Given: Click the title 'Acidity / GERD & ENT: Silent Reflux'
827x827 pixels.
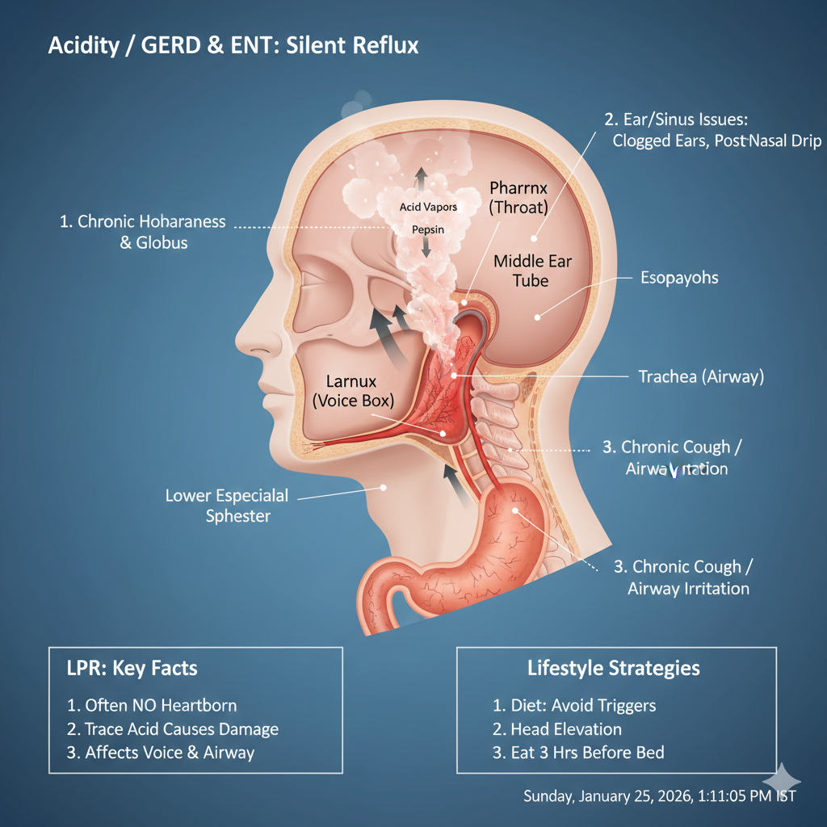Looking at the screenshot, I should click(x=233, y=45).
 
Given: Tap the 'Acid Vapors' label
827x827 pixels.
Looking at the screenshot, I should click(x=428, y=207).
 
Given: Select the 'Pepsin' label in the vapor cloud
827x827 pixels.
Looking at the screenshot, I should click(x=426, y=229).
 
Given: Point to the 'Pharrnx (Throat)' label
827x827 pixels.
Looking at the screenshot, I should click(x=518, y=197).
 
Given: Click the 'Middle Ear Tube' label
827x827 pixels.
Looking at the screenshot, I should click(x=531, y=271).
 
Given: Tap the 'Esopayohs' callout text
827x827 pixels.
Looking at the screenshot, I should click(x=679, y=278).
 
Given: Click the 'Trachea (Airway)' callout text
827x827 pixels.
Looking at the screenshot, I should click(x=701, y=376).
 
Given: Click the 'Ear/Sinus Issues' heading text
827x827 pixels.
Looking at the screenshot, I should click(x=677, y=120).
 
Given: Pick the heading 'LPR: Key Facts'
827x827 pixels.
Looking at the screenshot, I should click(x=132, y=668).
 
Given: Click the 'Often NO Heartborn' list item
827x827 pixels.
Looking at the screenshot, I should click(x=152, y=705).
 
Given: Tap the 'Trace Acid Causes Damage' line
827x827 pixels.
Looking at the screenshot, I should click(x=173, y=729).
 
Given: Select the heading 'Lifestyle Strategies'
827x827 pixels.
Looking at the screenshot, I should click(x=614, y=668).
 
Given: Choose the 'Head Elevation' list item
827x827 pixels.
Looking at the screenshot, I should click(x=557, y=729).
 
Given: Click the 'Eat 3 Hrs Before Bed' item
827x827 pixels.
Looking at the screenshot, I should click(x=578, y=753).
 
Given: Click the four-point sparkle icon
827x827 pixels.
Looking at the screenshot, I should click(x=781, y=780).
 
